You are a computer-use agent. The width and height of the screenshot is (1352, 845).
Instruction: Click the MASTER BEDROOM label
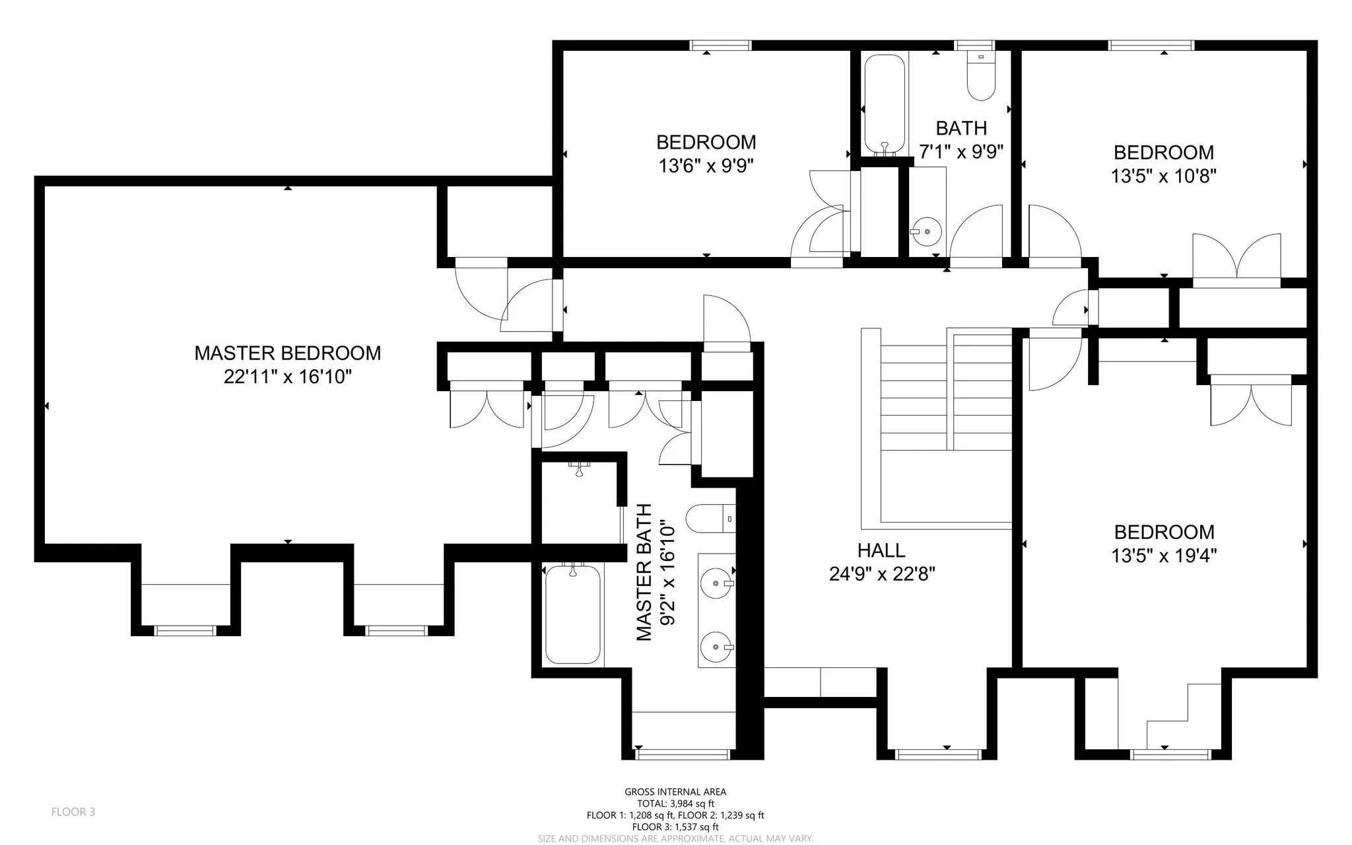click(287, 353)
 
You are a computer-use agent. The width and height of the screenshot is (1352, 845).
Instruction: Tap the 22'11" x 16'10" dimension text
click(287, 377)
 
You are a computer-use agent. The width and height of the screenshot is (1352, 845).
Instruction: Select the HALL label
click(881, 550)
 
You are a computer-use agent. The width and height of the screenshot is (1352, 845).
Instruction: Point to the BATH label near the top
click(961, 128)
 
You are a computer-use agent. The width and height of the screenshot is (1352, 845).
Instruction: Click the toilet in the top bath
click(981, 75)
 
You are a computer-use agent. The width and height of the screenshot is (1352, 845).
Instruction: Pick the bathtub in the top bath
click(885, 104)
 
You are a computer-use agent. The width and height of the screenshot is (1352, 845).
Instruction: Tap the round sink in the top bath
click(927, 232)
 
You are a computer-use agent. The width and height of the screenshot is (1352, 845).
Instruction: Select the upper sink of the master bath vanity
click(717, 583)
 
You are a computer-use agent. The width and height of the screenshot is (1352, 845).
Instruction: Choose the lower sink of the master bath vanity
click(717, 646)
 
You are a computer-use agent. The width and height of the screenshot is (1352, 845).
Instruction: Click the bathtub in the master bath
click(573, 614)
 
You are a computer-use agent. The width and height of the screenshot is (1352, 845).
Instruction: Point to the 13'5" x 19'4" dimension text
click(1164, 556)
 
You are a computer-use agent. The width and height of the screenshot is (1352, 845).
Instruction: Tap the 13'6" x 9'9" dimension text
click(706, 165)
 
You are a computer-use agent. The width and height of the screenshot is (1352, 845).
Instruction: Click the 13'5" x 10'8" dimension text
click(1164, 176)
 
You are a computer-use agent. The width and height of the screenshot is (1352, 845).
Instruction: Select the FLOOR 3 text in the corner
click(73, 812)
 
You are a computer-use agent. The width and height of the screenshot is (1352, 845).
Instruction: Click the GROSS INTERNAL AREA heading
click(675, 791)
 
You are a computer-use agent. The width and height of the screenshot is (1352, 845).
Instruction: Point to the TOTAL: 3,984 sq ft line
click(675, 803)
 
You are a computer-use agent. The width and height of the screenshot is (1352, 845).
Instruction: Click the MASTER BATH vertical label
click(644, 572)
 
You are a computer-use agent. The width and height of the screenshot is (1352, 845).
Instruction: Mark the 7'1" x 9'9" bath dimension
click(961, 152)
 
